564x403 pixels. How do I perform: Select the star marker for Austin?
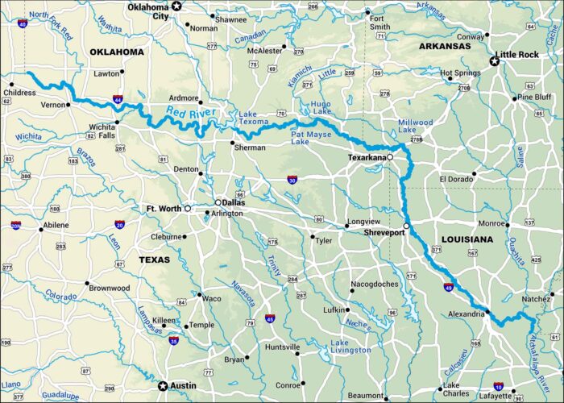click(163, 385)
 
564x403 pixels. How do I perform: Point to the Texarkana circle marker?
click(390, 157)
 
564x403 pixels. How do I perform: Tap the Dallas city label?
click(235, 202)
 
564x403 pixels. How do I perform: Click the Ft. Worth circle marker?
click(188, 209)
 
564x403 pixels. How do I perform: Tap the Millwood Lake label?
click(416, 127)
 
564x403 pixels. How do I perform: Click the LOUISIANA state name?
click(467, 239)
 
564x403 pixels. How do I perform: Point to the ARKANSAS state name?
click(445, 47)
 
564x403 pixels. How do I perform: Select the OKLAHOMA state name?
click(117, 52)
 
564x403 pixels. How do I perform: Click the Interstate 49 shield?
click(449, 286)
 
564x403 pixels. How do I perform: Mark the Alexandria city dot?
click(487, 312)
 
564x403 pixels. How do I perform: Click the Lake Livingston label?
click(350, 346)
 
